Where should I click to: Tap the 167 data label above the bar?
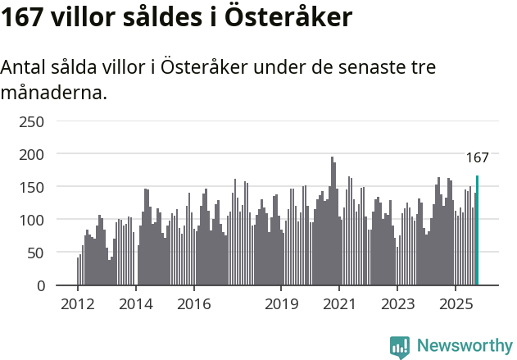coord(477,158)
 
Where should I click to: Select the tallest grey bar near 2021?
coord(332,221)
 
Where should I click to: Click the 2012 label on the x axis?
coord(78,304)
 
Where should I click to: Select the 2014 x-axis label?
coord(136,304)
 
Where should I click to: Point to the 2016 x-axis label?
coord(193,304)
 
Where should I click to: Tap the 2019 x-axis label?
coord(281,304)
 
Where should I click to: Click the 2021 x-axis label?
coord(338,304)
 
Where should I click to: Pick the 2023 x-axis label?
coord(397,304)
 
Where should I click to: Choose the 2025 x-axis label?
coord(455,304)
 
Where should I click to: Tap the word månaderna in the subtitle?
coord(54,93)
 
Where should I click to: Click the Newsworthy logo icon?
coord(400,347)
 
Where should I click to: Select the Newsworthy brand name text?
coord(464,346)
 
